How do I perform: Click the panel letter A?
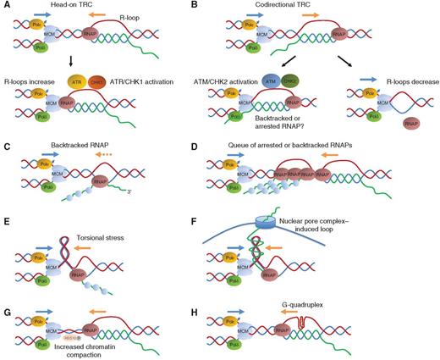coord(6,6)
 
